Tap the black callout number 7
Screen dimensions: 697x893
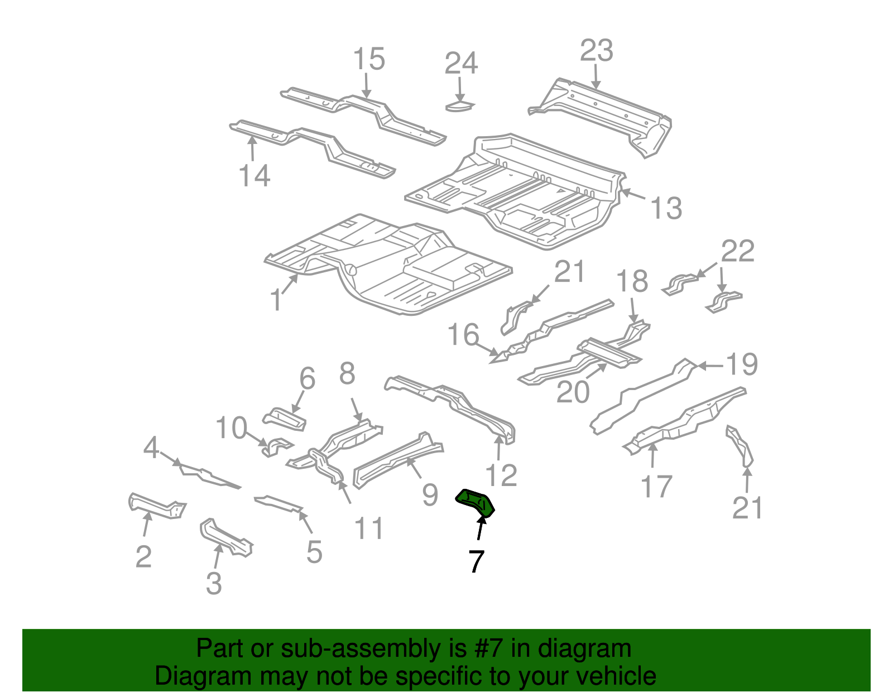coord(476,561)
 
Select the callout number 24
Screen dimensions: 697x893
coord(461,64)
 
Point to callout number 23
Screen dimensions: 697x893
coord(596,51)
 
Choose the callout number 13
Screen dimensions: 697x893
coord(666,208)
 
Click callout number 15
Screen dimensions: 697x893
coord(369,59)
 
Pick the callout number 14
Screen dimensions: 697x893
coord(255,176)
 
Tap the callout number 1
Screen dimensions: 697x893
coord(276,300)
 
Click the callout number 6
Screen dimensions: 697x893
coord(307,378)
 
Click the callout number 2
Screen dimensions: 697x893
coord(143,556)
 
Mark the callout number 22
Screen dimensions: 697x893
coord(737,251)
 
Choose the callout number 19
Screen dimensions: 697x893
coord(742,365)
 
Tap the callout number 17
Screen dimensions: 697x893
coord(656,486)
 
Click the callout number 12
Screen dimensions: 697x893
coord(501,475)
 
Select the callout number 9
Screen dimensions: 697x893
coord(429,494)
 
